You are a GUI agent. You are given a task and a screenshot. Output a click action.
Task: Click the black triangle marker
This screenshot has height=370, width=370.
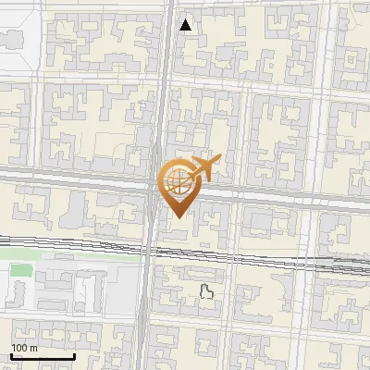coord(186,25)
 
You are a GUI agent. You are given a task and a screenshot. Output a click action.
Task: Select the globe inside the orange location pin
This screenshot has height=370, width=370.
coord(175,180)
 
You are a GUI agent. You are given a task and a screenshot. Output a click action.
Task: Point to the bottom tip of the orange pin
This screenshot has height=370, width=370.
coord(177,216)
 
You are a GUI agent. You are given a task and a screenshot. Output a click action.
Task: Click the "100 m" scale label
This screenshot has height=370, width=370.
coord(24,347)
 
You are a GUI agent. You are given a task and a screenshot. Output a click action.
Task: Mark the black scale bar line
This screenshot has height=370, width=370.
coord(43,356)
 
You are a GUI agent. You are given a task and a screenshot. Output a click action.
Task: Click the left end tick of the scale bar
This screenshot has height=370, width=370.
coord(11,354)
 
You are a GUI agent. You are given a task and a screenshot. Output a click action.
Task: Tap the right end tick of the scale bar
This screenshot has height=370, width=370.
coord(74,354)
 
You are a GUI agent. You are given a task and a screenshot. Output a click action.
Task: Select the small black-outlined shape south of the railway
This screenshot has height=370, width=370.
coord(207,292)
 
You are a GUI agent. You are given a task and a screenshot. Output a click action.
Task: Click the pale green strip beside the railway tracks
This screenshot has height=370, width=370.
coord(92,257)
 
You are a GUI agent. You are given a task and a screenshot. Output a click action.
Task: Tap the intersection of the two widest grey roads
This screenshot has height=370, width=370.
coord(154,185)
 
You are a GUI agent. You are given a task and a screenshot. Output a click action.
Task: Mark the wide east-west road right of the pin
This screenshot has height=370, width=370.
coord(277,197)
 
